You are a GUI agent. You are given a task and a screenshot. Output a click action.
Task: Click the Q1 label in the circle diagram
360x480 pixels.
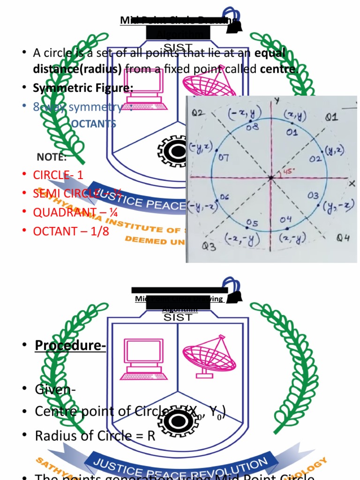coord(331,116)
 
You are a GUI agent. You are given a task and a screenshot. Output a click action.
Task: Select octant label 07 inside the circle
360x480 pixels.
coord(223,157)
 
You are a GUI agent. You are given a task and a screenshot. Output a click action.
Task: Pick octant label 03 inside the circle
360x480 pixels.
coord(313,195)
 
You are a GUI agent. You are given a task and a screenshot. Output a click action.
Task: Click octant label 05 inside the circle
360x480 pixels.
coord(253,223)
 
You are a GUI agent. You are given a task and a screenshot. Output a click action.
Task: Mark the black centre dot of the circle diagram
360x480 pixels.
coord(271,178)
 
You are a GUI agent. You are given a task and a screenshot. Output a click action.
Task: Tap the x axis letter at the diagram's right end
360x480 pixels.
coord(352,183)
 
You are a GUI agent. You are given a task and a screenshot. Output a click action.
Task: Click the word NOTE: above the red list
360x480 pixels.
coord(52,157)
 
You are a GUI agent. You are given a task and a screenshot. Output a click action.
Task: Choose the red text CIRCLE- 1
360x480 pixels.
coord(58,175)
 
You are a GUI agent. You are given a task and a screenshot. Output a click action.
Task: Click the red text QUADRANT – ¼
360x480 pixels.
coord(75,212)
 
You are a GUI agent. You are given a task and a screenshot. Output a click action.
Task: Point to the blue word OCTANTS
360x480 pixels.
coord(94,124)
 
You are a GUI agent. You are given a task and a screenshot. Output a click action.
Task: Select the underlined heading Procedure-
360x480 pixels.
coord(70,345)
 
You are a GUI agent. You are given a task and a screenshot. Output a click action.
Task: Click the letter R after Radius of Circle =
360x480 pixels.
coord(151,435)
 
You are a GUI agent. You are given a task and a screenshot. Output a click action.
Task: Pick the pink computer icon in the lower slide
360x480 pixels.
coord(144,359)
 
